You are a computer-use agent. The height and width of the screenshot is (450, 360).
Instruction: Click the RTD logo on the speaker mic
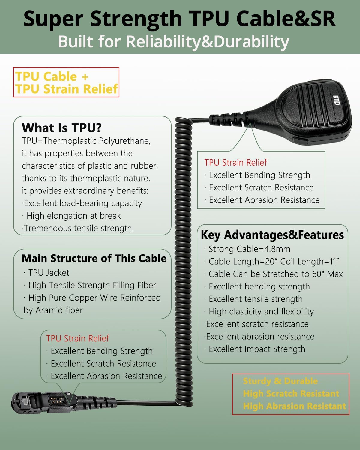click(336, 100)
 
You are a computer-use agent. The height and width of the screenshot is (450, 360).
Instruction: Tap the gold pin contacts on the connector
click(56, 401)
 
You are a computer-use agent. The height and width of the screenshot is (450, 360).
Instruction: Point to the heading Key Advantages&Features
click(272, 235)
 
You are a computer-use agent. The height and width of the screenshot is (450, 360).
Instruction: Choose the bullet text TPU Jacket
click(49, 273)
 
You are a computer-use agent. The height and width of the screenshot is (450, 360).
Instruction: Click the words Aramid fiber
click(59, 310)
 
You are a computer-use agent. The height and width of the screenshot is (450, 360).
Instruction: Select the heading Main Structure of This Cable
click(94, 258)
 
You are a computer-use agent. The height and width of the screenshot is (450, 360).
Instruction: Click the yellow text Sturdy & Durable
click(280, 381)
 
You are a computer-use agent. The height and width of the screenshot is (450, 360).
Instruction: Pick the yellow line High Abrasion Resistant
click(295, 406)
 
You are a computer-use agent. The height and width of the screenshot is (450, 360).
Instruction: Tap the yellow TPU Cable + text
click(52, 76)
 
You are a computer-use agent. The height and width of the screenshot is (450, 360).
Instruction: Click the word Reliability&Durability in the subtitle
click(208, 42)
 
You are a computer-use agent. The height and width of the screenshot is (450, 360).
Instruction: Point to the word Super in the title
click(54, 19)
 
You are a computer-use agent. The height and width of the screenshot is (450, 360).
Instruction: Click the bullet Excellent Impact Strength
click(257, 349)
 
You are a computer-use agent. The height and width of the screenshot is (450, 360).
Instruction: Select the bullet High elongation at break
click(73, 216)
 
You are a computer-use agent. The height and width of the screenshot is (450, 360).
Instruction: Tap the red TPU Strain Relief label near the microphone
click(236, 163)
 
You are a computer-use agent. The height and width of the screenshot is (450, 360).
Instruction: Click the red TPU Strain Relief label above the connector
click(78, 338)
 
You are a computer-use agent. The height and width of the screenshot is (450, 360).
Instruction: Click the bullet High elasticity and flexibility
click(262, 312)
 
